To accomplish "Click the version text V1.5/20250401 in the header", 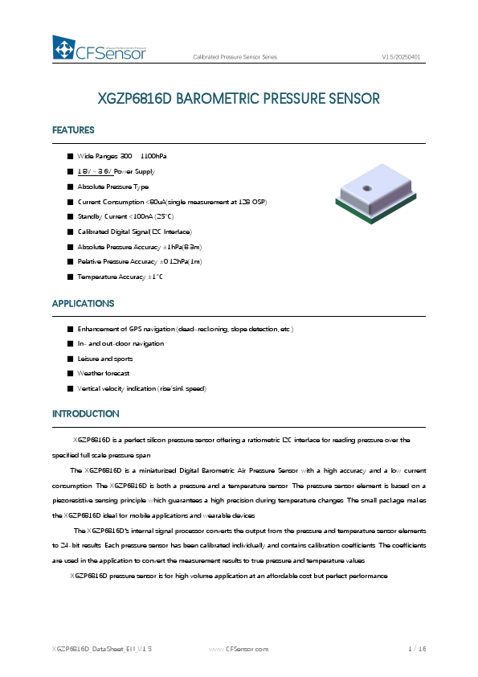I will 402,58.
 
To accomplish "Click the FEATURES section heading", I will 73,130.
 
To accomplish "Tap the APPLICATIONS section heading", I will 83,304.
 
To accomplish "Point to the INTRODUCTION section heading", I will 85,414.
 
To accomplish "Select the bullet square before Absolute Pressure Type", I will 70,187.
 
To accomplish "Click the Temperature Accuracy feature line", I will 120,277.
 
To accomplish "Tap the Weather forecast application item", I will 103,374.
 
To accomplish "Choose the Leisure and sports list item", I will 104,359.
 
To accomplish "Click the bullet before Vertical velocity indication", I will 70,389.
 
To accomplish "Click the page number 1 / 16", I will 416,648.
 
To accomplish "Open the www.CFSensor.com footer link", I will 239,648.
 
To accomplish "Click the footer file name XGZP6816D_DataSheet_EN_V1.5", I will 102,648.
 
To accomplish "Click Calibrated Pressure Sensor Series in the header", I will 235,58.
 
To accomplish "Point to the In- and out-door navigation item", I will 120,343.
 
